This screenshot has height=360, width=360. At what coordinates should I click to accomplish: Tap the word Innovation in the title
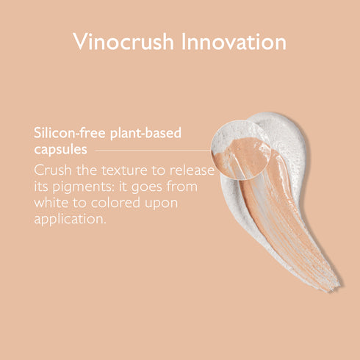234,42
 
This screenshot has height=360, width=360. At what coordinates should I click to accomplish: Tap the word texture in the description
126,170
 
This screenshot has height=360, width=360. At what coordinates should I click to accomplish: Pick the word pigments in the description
87,186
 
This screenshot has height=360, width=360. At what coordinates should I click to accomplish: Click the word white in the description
51,202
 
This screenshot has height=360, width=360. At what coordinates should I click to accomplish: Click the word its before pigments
43,186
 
